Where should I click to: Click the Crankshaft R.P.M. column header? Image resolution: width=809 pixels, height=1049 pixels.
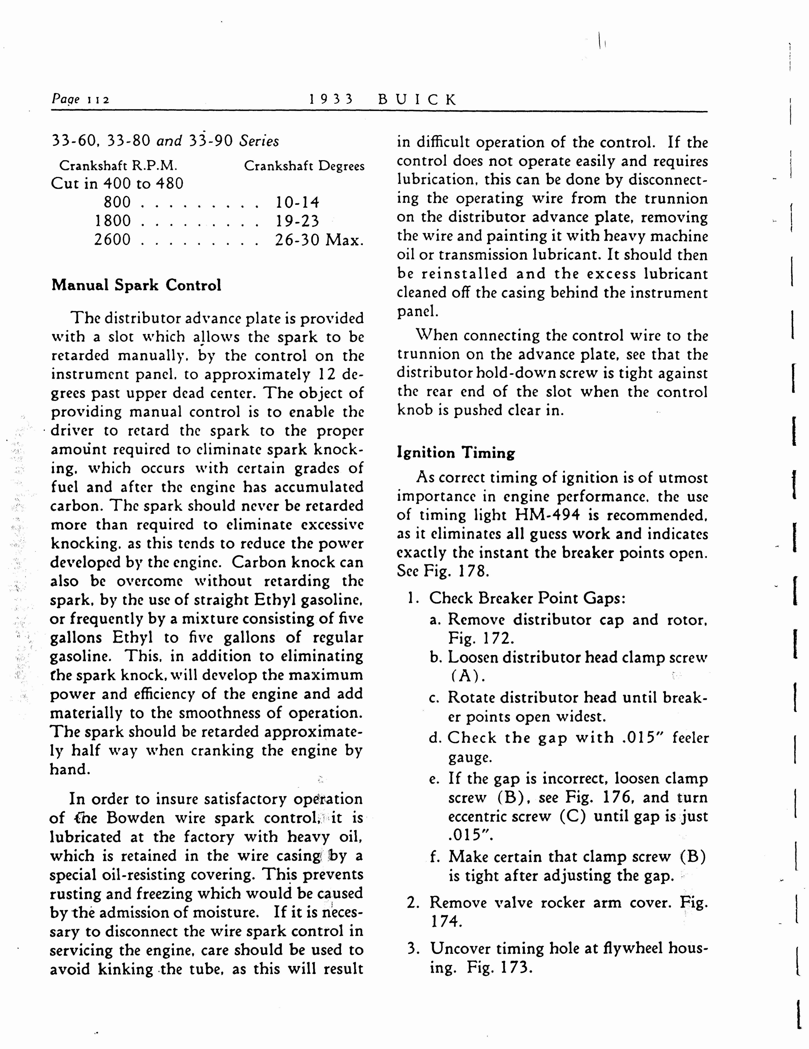(x=118, y=166)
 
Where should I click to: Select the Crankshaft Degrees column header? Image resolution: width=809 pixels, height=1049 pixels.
(x=304, y=166)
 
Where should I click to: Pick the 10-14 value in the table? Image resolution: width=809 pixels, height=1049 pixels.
(x=297, y=202)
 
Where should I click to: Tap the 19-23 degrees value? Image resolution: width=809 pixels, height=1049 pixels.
(x=297, y=221)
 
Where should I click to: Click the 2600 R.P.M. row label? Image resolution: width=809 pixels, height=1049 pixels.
(x=112, y=239)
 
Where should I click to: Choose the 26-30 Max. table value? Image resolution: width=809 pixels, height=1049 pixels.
(x=319, y=239)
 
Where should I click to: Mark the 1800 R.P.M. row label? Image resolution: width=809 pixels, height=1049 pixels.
(x=113, y=221)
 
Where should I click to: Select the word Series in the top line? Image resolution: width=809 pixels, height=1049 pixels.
(x=259, y=141)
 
